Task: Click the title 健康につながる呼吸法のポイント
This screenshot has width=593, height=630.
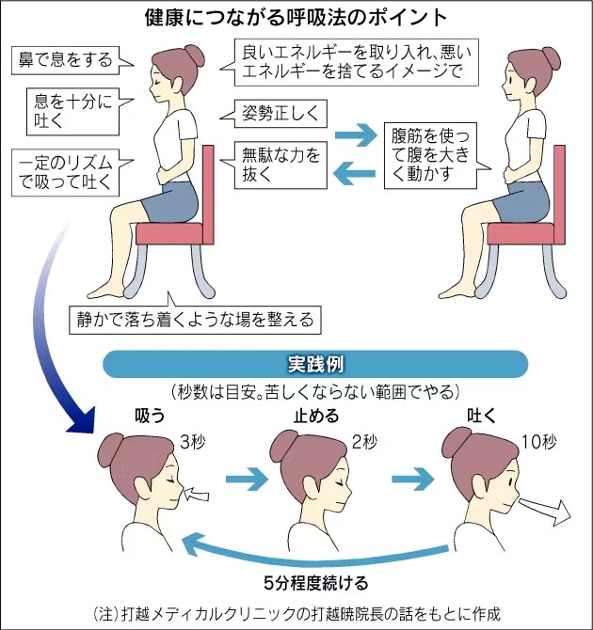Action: click(x=296, y=18)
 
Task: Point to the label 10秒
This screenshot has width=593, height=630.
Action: click(x=534, y=440)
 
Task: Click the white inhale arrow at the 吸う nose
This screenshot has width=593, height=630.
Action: click(x=201, y=490)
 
